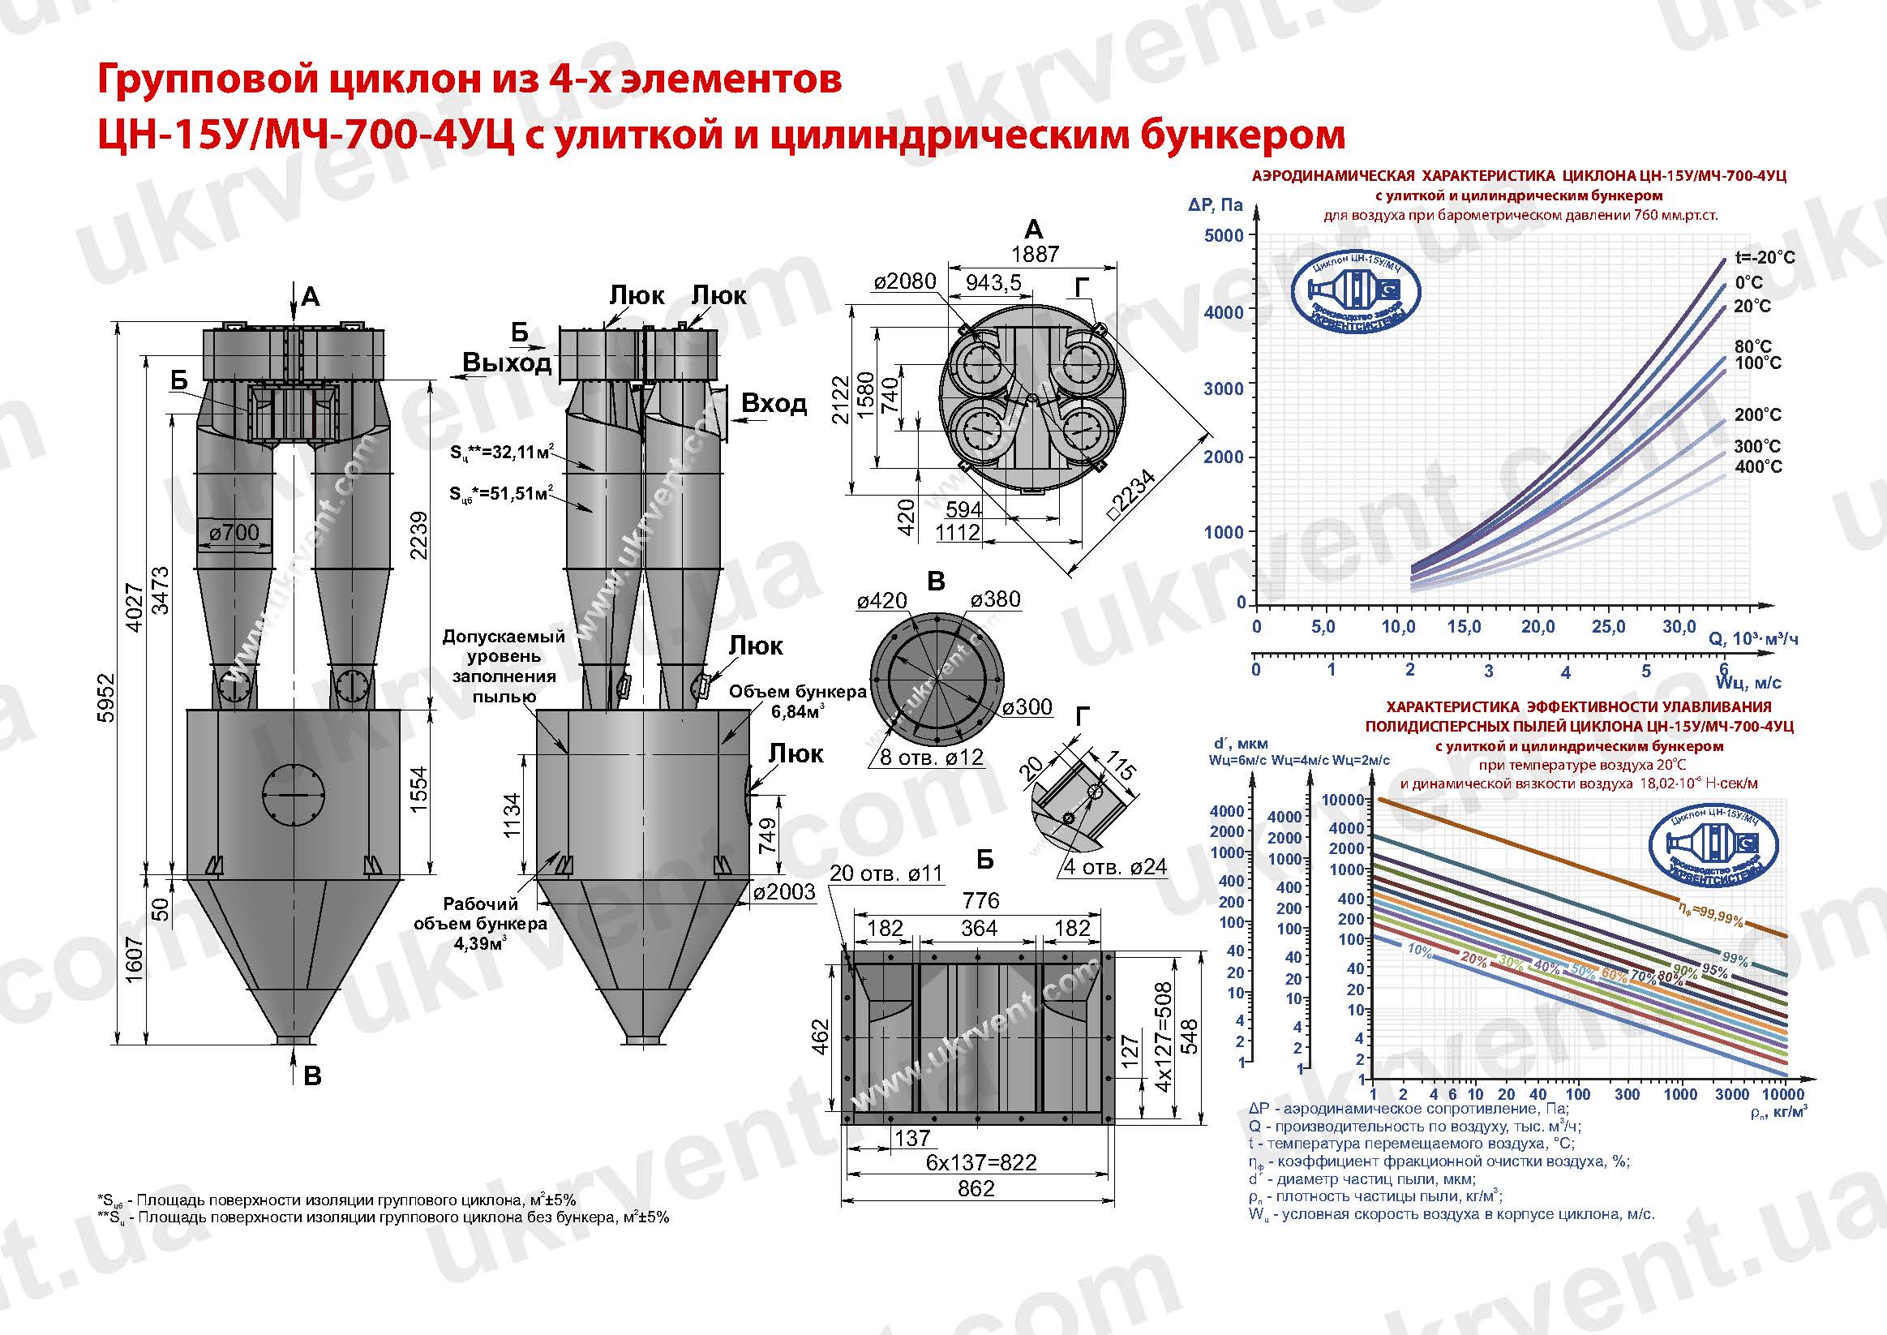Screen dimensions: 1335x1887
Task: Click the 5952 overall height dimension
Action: tap(106, 698)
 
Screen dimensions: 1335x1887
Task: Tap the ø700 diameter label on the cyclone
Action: tap(234, 533)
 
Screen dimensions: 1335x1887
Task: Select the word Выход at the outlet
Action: tap(506, 363)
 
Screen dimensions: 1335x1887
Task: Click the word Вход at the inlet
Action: tap(774, 404)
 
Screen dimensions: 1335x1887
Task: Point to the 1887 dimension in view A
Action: tap(1035, 254)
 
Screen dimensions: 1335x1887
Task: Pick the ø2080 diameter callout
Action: tap(904, 282)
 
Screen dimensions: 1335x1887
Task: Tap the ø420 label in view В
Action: tap(881, 601)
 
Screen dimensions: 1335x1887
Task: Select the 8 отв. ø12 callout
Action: tap(931, 757)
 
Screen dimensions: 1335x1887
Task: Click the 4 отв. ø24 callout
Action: tap(1115, 866)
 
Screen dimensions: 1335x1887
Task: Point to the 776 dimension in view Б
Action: tap(980, 900)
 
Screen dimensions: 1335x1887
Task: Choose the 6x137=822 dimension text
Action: tap(980, 1162)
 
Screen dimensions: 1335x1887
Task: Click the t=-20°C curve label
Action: tap(1765, 257)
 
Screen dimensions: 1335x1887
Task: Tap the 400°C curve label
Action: tap(1758, 467)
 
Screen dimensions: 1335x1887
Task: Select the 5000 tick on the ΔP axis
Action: tap(1224, 235)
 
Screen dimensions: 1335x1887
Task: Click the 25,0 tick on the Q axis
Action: tap(1607, 627)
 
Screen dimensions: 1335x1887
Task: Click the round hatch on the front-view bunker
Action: tap(294, 795)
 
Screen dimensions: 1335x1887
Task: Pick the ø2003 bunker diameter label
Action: tap(784, 892)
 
